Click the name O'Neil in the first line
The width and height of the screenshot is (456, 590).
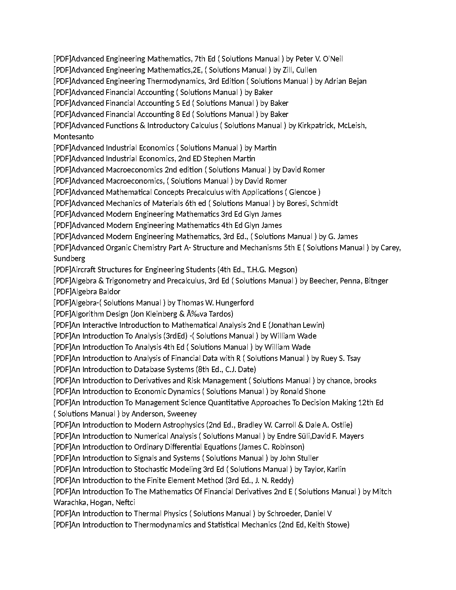tap(333, 59)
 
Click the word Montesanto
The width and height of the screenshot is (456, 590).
tap(73, 137)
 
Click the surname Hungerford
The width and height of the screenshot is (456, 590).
tap(234, 303)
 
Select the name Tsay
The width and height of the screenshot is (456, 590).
tap(354, 358)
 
